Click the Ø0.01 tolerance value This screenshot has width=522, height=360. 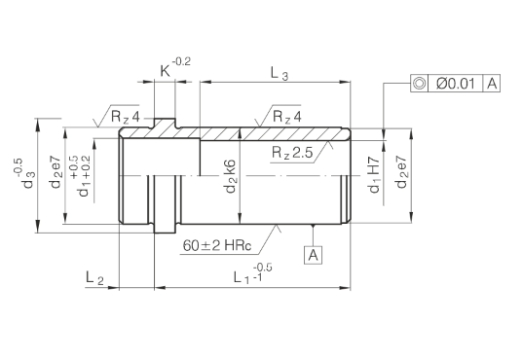tap(456, 83)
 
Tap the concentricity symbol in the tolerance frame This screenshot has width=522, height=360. tap(419, 83)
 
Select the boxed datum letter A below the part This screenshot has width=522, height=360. tap(314, 255)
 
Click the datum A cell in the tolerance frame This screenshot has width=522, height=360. tap(492, 83)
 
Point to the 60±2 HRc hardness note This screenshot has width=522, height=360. tap(217, 246)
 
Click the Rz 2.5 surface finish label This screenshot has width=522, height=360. tap(292, 153)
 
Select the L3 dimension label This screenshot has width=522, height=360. tap(279, 73)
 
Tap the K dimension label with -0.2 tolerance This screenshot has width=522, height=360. tap(175, 67)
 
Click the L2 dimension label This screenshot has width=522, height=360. tap(94, 278)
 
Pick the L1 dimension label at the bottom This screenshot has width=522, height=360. tap(252, 273)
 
